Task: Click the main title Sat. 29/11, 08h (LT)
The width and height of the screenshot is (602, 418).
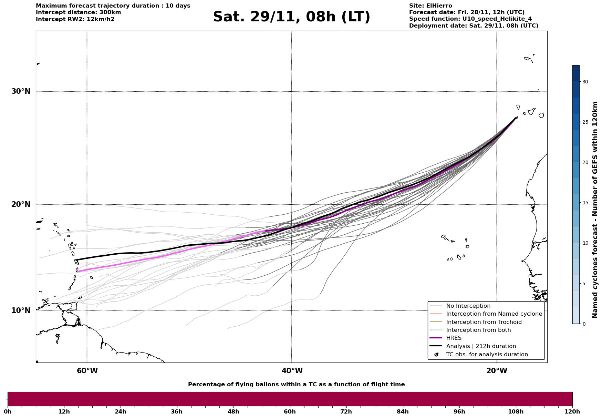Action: pos(291,17)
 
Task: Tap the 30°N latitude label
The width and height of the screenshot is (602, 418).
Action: pos(21,91)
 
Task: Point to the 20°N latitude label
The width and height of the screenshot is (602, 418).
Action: pos(21,204)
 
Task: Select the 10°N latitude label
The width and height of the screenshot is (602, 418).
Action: pos(21,310)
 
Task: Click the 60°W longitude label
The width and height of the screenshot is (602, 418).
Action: pos(87,371)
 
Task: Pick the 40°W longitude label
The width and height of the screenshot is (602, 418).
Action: pos(292,371)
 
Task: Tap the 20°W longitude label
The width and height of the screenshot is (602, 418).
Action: pos(497,371)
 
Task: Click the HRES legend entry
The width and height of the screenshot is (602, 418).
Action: pos(454,338)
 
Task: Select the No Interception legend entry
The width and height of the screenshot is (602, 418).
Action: pos(468,306)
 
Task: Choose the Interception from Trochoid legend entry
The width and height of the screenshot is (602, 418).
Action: pos(484,322)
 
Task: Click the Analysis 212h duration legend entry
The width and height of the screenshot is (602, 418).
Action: pos(481,346)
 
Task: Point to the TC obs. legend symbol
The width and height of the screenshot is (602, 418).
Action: pos(436,355)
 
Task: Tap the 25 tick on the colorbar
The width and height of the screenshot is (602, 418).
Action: pos(585,122)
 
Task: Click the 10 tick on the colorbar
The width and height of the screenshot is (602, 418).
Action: pos(585,243)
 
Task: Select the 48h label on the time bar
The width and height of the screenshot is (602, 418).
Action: pos(233,411)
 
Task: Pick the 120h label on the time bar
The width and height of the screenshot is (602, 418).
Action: pos(572,411)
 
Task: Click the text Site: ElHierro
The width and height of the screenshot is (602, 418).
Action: pos(430,6)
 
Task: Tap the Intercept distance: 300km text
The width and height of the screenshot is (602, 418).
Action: pos(78,12)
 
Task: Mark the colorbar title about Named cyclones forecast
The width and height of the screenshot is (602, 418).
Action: pos(595,210)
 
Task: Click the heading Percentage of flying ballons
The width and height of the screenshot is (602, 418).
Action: pos(296,385)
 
